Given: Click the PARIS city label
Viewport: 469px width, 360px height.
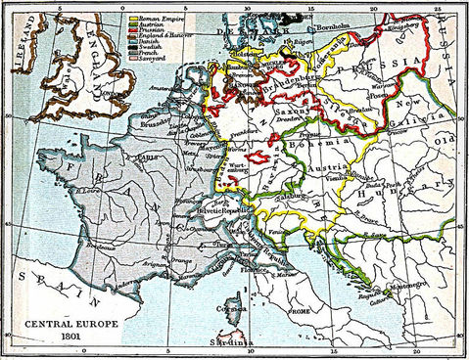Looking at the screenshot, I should pos(150,157).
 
